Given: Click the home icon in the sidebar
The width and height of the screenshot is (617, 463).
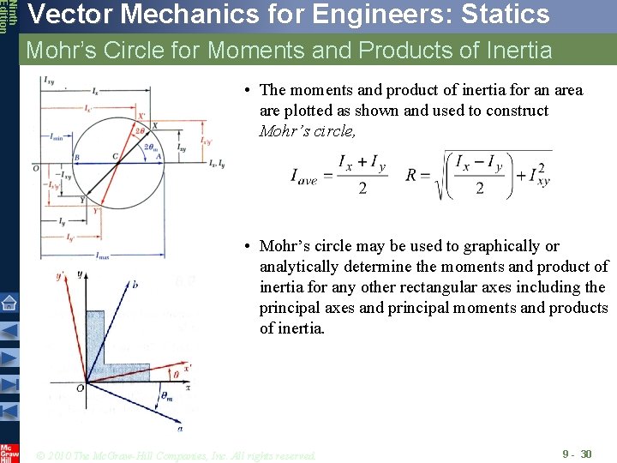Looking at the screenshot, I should click(9, 302).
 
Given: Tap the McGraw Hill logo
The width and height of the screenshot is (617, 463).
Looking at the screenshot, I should click(9, 453).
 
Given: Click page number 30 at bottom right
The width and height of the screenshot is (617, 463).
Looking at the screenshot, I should click(586, 454).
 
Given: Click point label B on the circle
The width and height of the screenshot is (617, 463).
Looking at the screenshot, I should click(77, 157).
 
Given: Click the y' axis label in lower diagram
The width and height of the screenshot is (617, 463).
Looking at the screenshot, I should click(61, 276).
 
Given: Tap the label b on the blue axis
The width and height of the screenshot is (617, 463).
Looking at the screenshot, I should click(135, 283).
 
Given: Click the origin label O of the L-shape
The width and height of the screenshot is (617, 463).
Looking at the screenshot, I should click(80, 388).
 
